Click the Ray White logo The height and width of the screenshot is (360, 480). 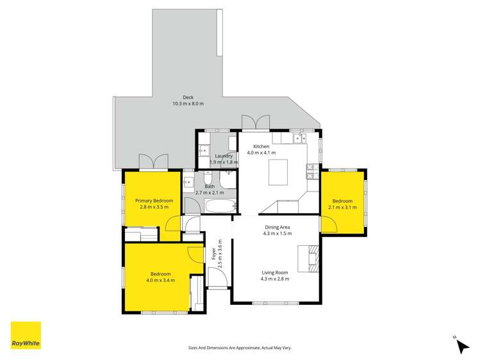[26, 335]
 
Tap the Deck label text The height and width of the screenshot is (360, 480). [188, 97]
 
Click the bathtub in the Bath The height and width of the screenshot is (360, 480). [221, 206]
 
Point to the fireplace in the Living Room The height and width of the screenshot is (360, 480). [312, 259]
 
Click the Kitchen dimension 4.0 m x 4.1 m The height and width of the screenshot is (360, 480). [261, 153]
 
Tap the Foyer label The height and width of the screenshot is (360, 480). [213, 254]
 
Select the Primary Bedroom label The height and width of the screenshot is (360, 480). [154, 200]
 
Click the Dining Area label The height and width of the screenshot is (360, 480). [277, 227]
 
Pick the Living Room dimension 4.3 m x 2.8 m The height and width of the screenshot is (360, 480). [275, 279]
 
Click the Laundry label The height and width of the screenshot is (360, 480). [224, 156]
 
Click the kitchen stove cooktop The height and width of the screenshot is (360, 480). [313, 171]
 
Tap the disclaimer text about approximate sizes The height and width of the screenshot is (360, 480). [240, 347]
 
